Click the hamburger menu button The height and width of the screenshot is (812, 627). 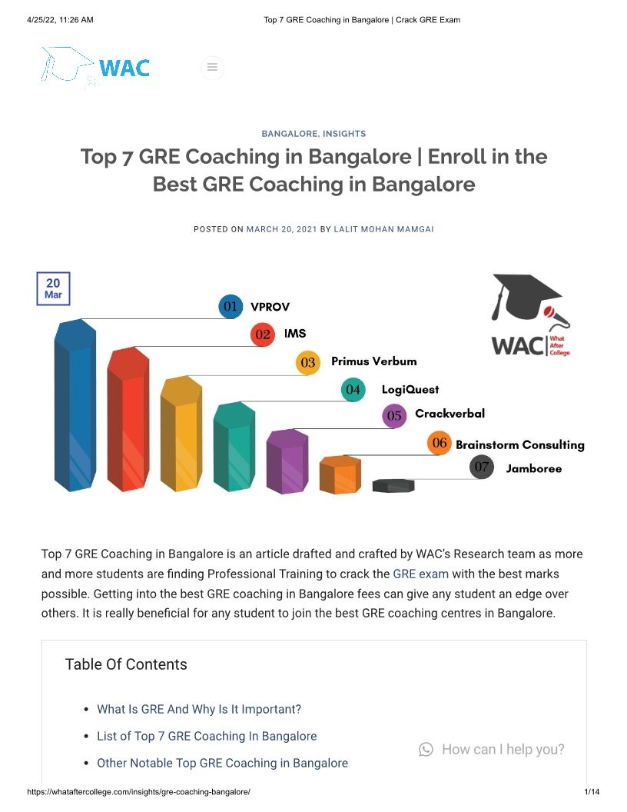point(212,68)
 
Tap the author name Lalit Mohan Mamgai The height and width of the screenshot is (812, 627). point(383,229)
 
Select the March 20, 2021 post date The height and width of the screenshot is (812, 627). point(281,229)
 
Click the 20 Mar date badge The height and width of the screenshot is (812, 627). point(53,288)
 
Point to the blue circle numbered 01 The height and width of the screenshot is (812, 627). point(231,307)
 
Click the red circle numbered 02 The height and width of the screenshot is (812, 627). point(263,334)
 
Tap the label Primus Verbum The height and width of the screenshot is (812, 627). point(373,361)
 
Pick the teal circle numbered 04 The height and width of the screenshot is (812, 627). point(353,389)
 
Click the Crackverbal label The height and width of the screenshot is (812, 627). point(450,414)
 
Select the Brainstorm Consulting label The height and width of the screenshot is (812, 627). point(519,444)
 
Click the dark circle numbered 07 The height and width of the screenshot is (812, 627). point(482,467)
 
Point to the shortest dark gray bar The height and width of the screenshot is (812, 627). point(393,485)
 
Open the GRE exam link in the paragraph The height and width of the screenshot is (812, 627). point(420,574)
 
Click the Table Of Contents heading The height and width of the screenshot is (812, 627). point(126,664)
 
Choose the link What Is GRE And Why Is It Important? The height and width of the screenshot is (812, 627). point(199,709)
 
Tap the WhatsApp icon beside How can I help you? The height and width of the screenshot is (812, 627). point(426,749)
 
